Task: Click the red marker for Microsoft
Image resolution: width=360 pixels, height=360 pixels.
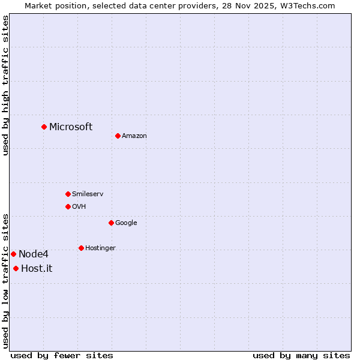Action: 44,127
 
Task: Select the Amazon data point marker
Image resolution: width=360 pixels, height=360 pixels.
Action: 118,136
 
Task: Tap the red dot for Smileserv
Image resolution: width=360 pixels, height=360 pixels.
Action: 68,194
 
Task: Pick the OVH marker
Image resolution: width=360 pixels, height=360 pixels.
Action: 68,206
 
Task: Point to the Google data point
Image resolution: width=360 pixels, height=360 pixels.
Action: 111,223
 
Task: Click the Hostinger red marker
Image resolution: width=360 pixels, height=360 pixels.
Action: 81,248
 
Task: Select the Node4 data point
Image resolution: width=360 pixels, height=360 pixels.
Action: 13,254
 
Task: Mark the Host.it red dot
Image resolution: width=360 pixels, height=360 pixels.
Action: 16,268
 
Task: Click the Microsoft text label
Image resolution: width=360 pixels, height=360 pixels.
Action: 71,127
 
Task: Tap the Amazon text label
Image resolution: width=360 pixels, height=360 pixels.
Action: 134,136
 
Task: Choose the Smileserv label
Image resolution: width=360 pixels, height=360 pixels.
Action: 88,194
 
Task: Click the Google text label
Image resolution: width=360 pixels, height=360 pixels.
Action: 126,223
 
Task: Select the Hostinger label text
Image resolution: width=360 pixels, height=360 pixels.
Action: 100,248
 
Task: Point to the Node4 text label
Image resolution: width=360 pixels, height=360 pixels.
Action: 34,254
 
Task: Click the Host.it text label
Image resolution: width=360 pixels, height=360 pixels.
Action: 37,268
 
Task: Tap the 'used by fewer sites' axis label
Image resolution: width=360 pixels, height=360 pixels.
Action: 62,355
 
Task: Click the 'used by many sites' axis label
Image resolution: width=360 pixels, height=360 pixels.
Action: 301,355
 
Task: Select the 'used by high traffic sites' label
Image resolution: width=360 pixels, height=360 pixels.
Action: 5,85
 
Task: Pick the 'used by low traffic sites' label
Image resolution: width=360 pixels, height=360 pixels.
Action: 5,281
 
